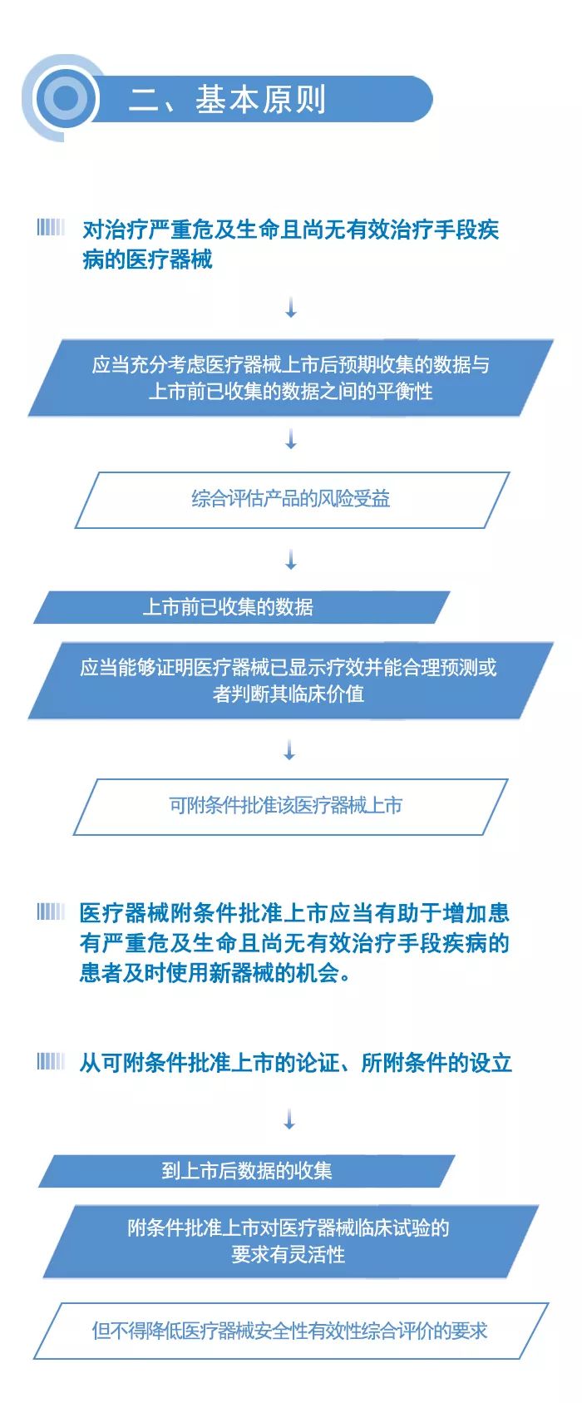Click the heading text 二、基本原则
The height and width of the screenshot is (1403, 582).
point(228,99)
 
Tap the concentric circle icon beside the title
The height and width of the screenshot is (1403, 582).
point(65,98)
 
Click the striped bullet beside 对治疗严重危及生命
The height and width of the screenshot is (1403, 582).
point(50,227)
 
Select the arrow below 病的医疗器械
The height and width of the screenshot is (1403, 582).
point(291,308)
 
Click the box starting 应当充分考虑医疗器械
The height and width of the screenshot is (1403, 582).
point(291,378)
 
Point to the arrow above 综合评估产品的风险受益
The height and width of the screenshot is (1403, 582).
point(291,439)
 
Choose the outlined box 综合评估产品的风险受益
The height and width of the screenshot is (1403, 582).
point(291,500)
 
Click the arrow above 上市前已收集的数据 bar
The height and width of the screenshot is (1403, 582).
point(291,560)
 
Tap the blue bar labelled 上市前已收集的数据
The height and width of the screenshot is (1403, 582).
point(242,607)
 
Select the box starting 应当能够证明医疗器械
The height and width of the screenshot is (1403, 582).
point(291,680)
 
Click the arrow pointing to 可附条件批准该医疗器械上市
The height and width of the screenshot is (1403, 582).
point(289,749)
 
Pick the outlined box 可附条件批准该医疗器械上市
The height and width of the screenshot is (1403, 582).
point(290,807)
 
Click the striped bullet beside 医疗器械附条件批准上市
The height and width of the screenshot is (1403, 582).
point(50,912)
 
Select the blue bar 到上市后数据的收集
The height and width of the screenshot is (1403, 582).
point(247,1171)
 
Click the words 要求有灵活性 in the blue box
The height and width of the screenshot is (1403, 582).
point(289,1255)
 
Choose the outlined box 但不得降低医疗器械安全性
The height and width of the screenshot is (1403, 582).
point(291,1331)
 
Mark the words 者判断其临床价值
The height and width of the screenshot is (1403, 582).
point(289,694)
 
